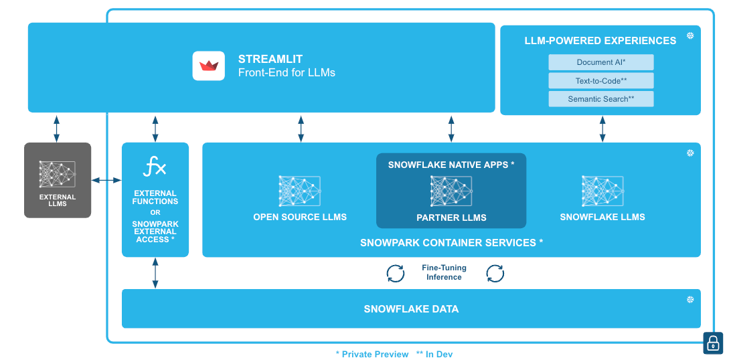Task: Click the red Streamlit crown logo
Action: [x=209, y=66]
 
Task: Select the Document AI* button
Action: [x=600, y=62]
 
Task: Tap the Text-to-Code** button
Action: [x=600, y=81]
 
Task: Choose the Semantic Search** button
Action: [x=600, y=99]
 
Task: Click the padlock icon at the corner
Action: [x=713, y=343]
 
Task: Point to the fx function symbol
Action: [x=155, y=167]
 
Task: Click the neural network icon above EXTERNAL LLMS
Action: [x=58, y=174]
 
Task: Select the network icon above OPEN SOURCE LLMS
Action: [x=300, y=191]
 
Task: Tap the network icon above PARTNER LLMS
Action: [x=451, y=191]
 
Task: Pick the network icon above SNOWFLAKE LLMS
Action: [x=602, y=191]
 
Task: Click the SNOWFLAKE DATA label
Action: [x=411, y=309]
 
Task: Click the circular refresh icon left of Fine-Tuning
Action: [x=396, y=273]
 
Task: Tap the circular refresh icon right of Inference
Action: [x=495, y=273]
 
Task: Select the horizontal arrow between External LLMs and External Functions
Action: [x=106, y=180]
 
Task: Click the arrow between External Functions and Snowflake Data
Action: [x=155, y=273]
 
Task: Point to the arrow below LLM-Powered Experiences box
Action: [x=602, y=128]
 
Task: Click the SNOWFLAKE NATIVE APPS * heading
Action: [x=451, y=164]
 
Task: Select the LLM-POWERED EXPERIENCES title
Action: [x=600, y=41]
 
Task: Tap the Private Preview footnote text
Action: [x=372, y=354]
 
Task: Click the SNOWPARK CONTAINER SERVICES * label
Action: [x=451, y=242]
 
